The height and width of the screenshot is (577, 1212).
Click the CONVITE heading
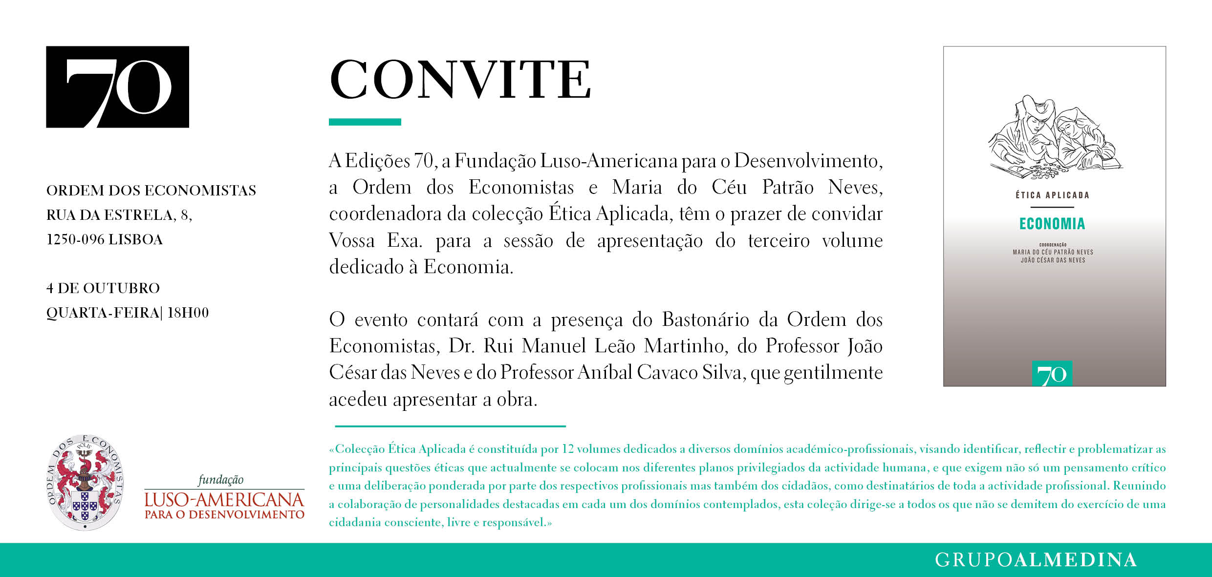point(460,80)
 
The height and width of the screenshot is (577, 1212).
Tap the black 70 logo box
point(117,87)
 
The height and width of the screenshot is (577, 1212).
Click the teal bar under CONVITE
point(365,122)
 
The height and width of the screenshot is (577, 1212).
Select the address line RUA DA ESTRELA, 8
point(119,215)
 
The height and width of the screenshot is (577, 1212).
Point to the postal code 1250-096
point(75,239)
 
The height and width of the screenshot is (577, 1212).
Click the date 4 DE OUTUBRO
point(103,288)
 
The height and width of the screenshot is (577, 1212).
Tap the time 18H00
point(188,313)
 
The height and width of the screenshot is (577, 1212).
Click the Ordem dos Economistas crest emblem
point(85,483)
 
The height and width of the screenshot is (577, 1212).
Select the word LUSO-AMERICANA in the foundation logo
point(224,499)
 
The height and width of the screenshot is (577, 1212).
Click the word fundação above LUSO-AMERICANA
point(220,480)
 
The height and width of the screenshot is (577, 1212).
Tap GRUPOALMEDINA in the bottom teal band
point(1036,560)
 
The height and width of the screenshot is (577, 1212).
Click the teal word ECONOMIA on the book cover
point(1052,224)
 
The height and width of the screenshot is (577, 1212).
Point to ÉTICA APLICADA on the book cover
point(1052,195)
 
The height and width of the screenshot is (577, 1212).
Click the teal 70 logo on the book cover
point(1052,374)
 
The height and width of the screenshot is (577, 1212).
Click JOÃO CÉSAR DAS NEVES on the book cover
point(1053,260)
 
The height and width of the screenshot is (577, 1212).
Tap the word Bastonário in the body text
point(705,320)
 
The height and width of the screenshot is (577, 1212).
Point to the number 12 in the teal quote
point(567,449)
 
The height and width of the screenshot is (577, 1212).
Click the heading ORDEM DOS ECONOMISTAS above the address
point(151,190)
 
